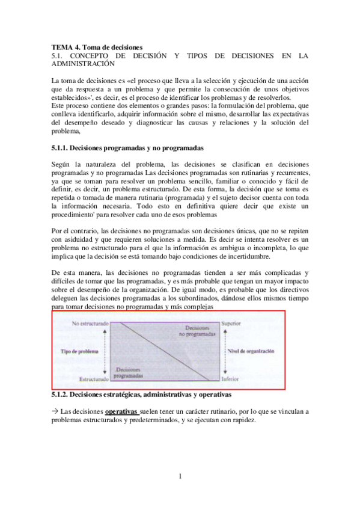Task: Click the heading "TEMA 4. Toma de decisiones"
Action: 97,46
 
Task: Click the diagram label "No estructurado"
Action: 90,324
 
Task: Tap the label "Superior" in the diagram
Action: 231,324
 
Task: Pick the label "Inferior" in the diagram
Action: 230,379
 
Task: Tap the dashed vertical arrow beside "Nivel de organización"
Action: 221,351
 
